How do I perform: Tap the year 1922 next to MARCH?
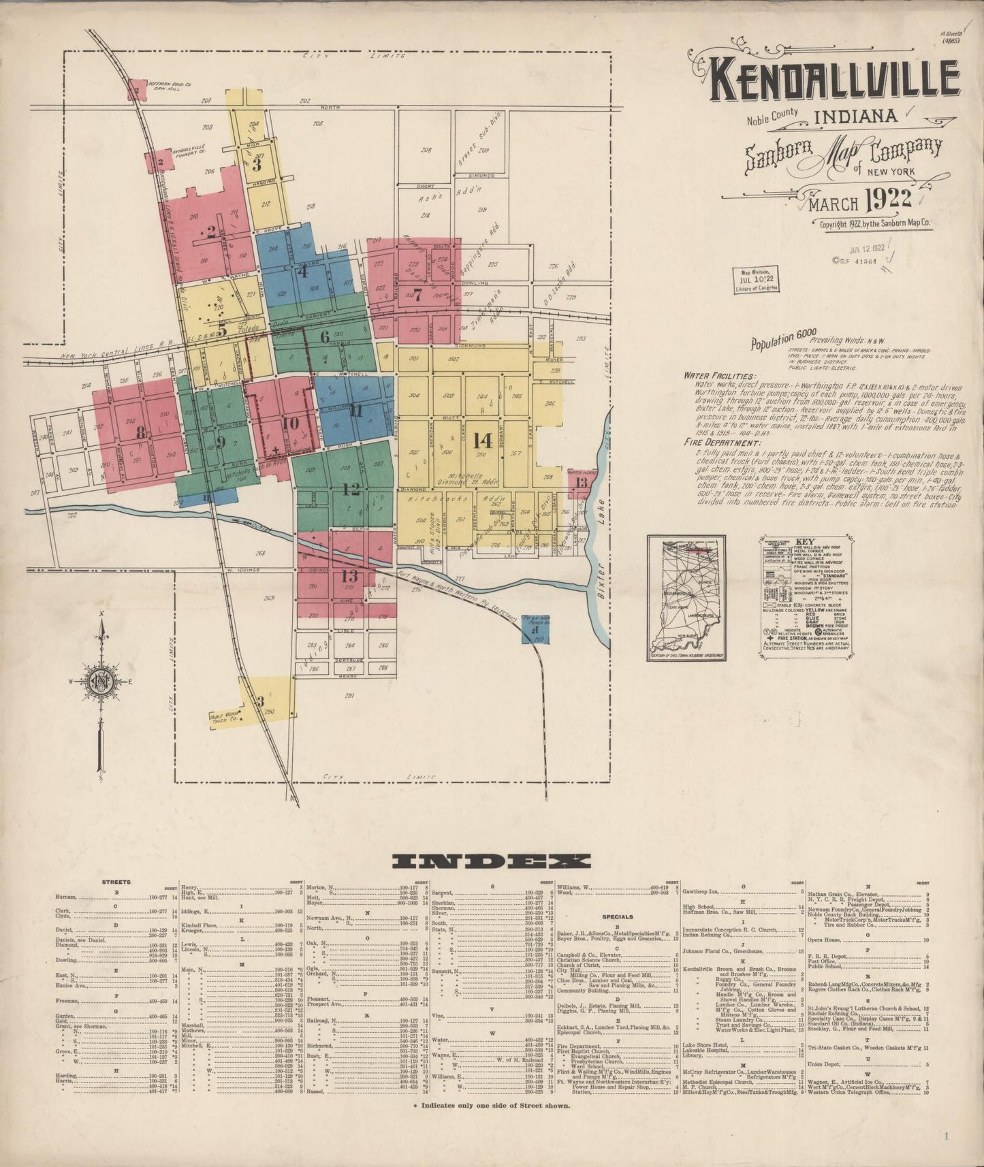click(x=889, y=197)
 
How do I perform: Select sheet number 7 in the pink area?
click(x=417, y=295)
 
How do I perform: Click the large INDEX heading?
click(x=490, y=861)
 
